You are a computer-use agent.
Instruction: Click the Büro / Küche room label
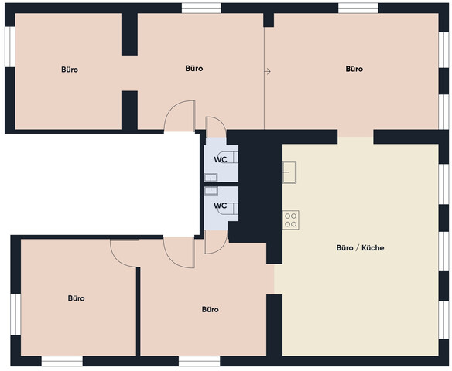point(360,248)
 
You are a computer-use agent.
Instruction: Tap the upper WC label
point(221,159)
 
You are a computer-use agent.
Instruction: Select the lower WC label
point(221,206)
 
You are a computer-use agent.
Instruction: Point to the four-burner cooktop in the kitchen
point(290,220)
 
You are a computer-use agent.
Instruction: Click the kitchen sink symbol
point(289,172)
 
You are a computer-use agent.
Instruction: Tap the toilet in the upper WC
point(228,158)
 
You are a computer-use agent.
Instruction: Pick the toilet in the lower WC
point(228,209)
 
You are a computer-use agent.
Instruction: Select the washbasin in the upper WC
point(211,178)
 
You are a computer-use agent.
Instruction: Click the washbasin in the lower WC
point(211,191)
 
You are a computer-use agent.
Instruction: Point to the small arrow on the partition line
point(268,71)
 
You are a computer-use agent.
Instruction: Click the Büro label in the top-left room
point(70,70)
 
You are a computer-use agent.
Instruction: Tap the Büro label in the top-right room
point(354,69)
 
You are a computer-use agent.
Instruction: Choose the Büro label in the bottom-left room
point(77,298)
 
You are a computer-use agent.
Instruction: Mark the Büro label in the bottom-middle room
point(211,310)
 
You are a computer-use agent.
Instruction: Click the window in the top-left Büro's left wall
point(10,47)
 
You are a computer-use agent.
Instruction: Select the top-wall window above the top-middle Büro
point(201,9)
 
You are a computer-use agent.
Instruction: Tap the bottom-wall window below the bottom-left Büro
point(62,361)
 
